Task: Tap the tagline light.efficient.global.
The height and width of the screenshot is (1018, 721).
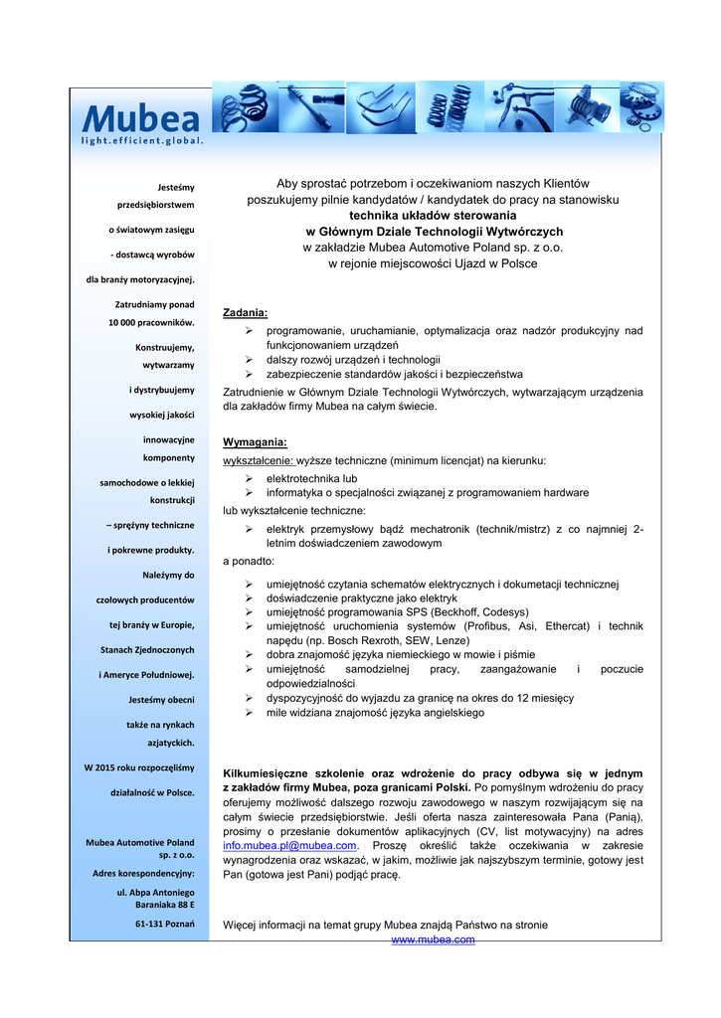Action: (x=142, y=140)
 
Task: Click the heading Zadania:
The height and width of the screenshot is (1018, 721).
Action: (x=245, y=313)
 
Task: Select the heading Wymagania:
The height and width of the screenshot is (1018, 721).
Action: (x=255, y=442)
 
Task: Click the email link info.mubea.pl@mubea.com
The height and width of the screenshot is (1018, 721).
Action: (x=289, y=846)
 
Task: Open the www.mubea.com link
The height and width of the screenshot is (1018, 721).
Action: (x=433, y=939)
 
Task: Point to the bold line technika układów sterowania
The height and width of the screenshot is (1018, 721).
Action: (x=433, y=215)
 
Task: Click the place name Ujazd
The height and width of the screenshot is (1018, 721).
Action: (x=452, y=263)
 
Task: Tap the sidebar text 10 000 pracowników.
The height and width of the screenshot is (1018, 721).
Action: (x=151, y=322)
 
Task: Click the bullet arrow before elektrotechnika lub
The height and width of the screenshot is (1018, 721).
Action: (x=250, y=478)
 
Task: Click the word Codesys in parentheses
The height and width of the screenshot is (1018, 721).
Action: (x=503, y=612)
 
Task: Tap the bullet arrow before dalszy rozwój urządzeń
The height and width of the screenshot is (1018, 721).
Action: (x=250, y=360)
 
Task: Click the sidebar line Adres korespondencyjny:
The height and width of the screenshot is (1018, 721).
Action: (x=143, y=874)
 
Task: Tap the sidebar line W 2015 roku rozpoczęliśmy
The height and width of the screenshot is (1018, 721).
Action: (x=139, y=767)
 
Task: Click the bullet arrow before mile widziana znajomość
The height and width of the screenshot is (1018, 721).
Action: (x=250, y=713)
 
